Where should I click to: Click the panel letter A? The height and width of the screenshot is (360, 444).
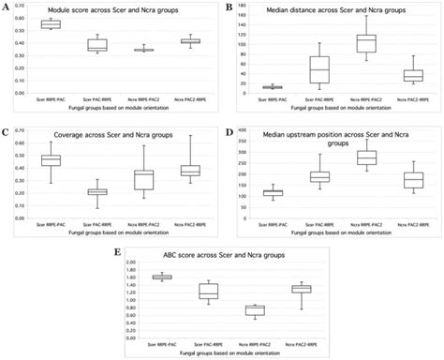pos(6,7)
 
